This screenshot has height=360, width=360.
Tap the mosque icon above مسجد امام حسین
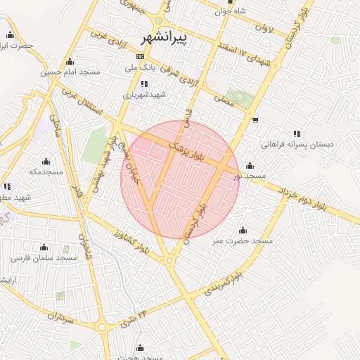(x=70, y=61)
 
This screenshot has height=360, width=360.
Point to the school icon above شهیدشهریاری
(x=145, y=84)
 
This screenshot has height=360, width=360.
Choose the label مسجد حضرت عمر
(x=243, y=240)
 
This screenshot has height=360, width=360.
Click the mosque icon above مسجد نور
(x=250, y=165)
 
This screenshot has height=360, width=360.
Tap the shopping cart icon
(x=255, y=119)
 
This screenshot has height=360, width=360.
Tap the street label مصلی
(x=223, y=101)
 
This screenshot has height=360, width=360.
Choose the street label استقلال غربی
(x=84, y=103)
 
